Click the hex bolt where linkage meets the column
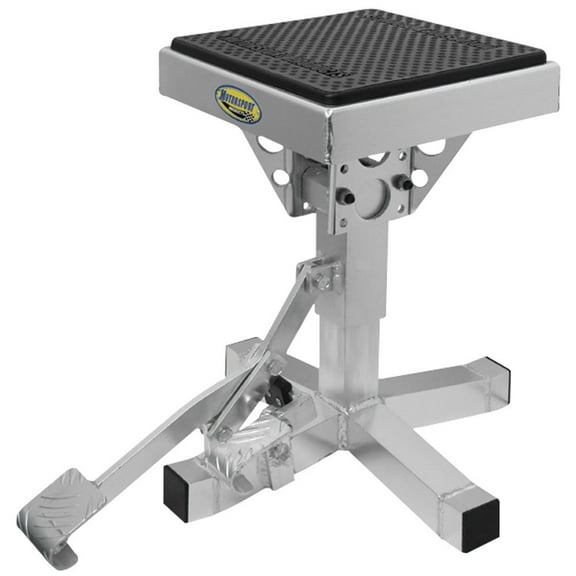[322, 283]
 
